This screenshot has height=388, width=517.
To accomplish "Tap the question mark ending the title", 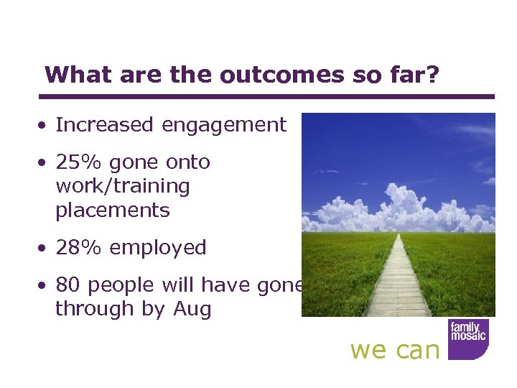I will click(x=431, y=75).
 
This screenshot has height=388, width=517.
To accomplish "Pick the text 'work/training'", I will click(x=122, y=186).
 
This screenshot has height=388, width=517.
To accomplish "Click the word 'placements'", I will click(x=112, y=211).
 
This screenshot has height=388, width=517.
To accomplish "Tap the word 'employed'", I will click(x=157, y=249).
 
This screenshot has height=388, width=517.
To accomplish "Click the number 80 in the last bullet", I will click(x=67, y=285).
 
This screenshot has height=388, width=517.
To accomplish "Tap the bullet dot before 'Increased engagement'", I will click(x=45, y=126).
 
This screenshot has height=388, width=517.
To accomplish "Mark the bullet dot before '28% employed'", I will click(x=45, y=249).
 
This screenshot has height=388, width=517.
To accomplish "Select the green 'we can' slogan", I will click(x=394, y=350).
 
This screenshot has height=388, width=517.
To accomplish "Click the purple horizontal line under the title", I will click(x=266, y=96).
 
